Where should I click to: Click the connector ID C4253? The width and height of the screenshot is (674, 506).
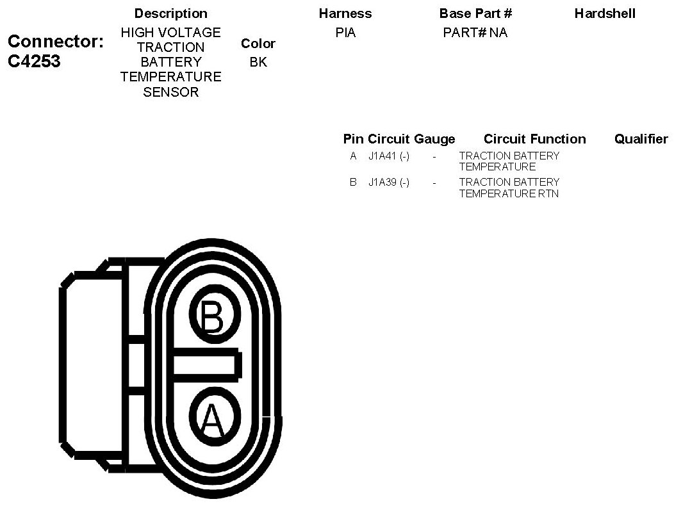[35, 61]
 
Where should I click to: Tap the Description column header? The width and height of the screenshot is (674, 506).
[170, 13]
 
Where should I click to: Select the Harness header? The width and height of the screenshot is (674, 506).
[345, 13]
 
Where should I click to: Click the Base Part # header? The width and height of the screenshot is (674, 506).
[475, 13]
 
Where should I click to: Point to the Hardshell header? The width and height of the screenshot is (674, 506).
[605, 13]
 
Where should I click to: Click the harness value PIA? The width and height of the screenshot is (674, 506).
[345, 33]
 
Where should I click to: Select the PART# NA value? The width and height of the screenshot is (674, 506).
[475, 33]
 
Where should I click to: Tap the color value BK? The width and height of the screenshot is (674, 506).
[258, 62]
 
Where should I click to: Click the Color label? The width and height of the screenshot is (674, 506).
[258, 44]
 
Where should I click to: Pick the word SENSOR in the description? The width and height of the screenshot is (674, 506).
[170, 92]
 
